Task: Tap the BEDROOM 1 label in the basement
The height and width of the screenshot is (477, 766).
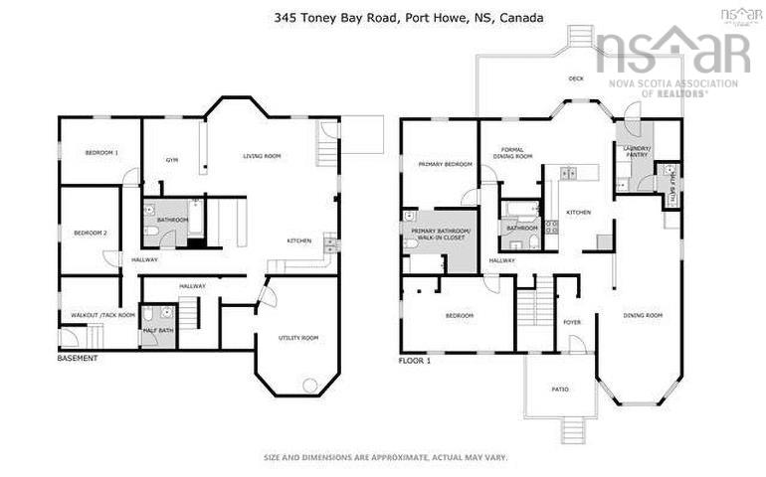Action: (x=101, y=152)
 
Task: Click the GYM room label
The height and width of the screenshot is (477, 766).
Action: (x=172, y=159)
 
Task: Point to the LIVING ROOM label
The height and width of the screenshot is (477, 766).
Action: (x=262, y=156)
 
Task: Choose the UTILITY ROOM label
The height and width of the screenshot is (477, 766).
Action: (x=298, y=338)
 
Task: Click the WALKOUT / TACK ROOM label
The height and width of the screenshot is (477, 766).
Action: (x=101, y=315)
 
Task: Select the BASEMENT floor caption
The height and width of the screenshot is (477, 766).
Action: (x=78, y=358)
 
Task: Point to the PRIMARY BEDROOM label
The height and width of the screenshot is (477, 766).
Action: (x=445, y=164)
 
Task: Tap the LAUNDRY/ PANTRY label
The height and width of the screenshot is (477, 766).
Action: (x=636, y=152)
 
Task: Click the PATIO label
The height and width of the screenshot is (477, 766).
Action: (x=560, y=389)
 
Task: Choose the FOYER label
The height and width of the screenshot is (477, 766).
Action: (x=572, y=322)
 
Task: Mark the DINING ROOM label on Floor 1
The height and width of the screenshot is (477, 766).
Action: (x=643, y=315)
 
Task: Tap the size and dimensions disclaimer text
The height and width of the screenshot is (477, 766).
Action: (x=385, y=458)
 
